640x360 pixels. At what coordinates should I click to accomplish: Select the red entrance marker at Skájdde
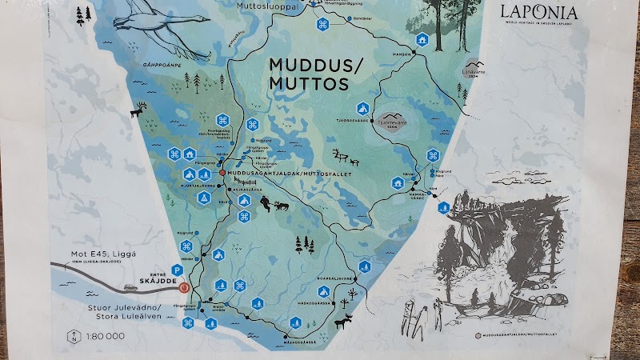[185, 287]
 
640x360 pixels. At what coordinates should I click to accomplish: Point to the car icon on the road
[130, 286]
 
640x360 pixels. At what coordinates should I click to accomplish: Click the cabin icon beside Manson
[422, 38]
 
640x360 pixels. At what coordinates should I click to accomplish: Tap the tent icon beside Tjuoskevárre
[361, 108]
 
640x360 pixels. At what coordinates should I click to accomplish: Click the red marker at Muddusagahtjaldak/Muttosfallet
[222, 172]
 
